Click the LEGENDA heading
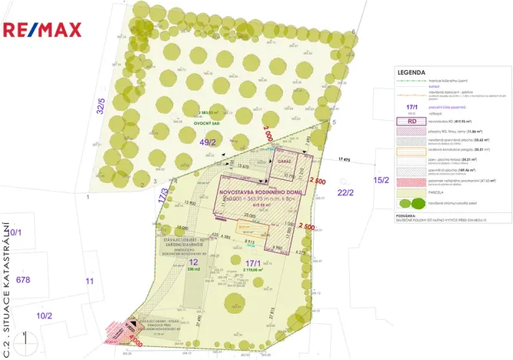pyautogui.click(x=411, y=72)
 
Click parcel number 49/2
pyautogui.click(x=208, y=142)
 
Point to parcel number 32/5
pyautogui.click(x=101, y=105)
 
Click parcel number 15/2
pyautogui.click(x=381, y=179)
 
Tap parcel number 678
pyautogui.click(x=24, y=279)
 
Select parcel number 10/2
pyautogui.click(x=45, y=315)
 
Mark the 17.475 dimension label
pyautogui.click(x=350, y=159)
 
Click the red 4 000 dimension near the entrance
pyautogui.click(x=137, y=336)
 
